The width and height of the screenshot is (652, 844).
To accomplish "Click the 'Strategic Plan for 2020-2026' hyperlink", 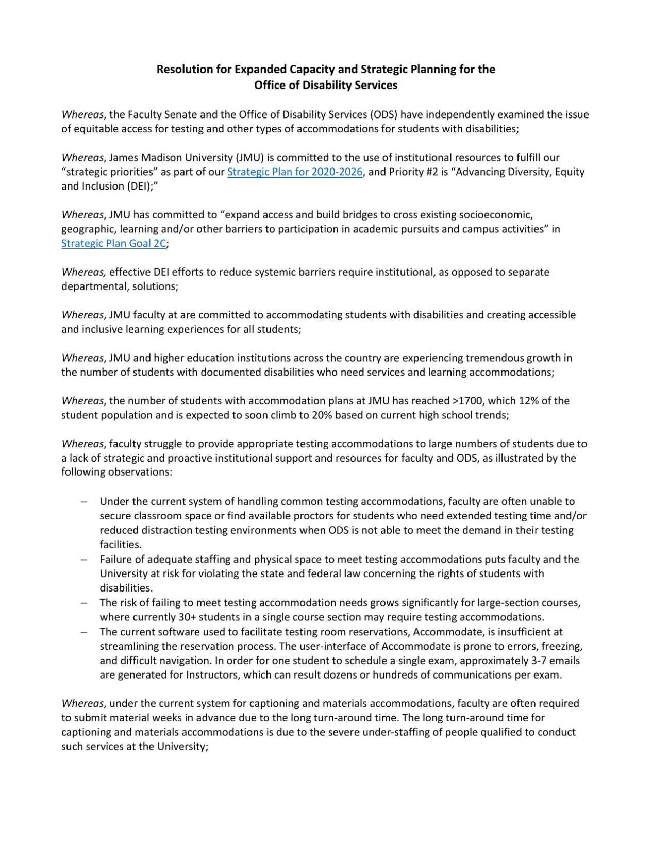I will click(x=295, y=172).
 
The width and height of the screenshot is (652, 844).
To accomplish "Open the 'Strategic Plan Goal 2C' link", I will click(x=113, y=243).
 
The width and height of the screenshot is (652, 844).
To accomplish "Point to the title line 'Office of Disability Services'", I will click(x=326, y=85).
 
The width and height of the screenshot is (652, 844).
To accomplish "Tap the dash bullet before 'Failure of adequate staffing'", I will click(x=83, y=560).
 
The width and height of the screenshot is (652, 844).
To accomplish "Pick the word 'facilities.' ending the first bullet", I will click(x=121, y=545).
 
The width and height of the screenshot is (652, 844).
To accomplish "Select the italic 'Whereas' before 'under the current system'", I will click(x=82, y=703).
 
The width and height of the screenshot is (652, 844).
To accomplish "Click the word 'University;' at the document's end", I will click(x=181, y=747).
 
